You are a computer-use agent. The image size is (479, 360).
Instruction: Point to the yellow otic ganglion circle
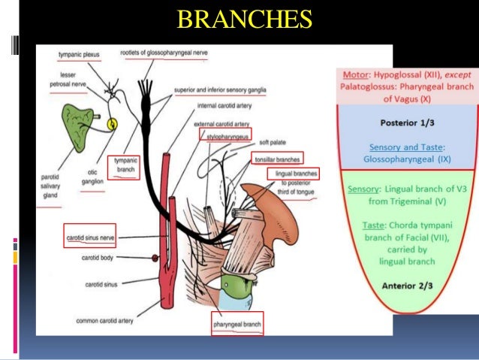(x=113, y=124)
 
